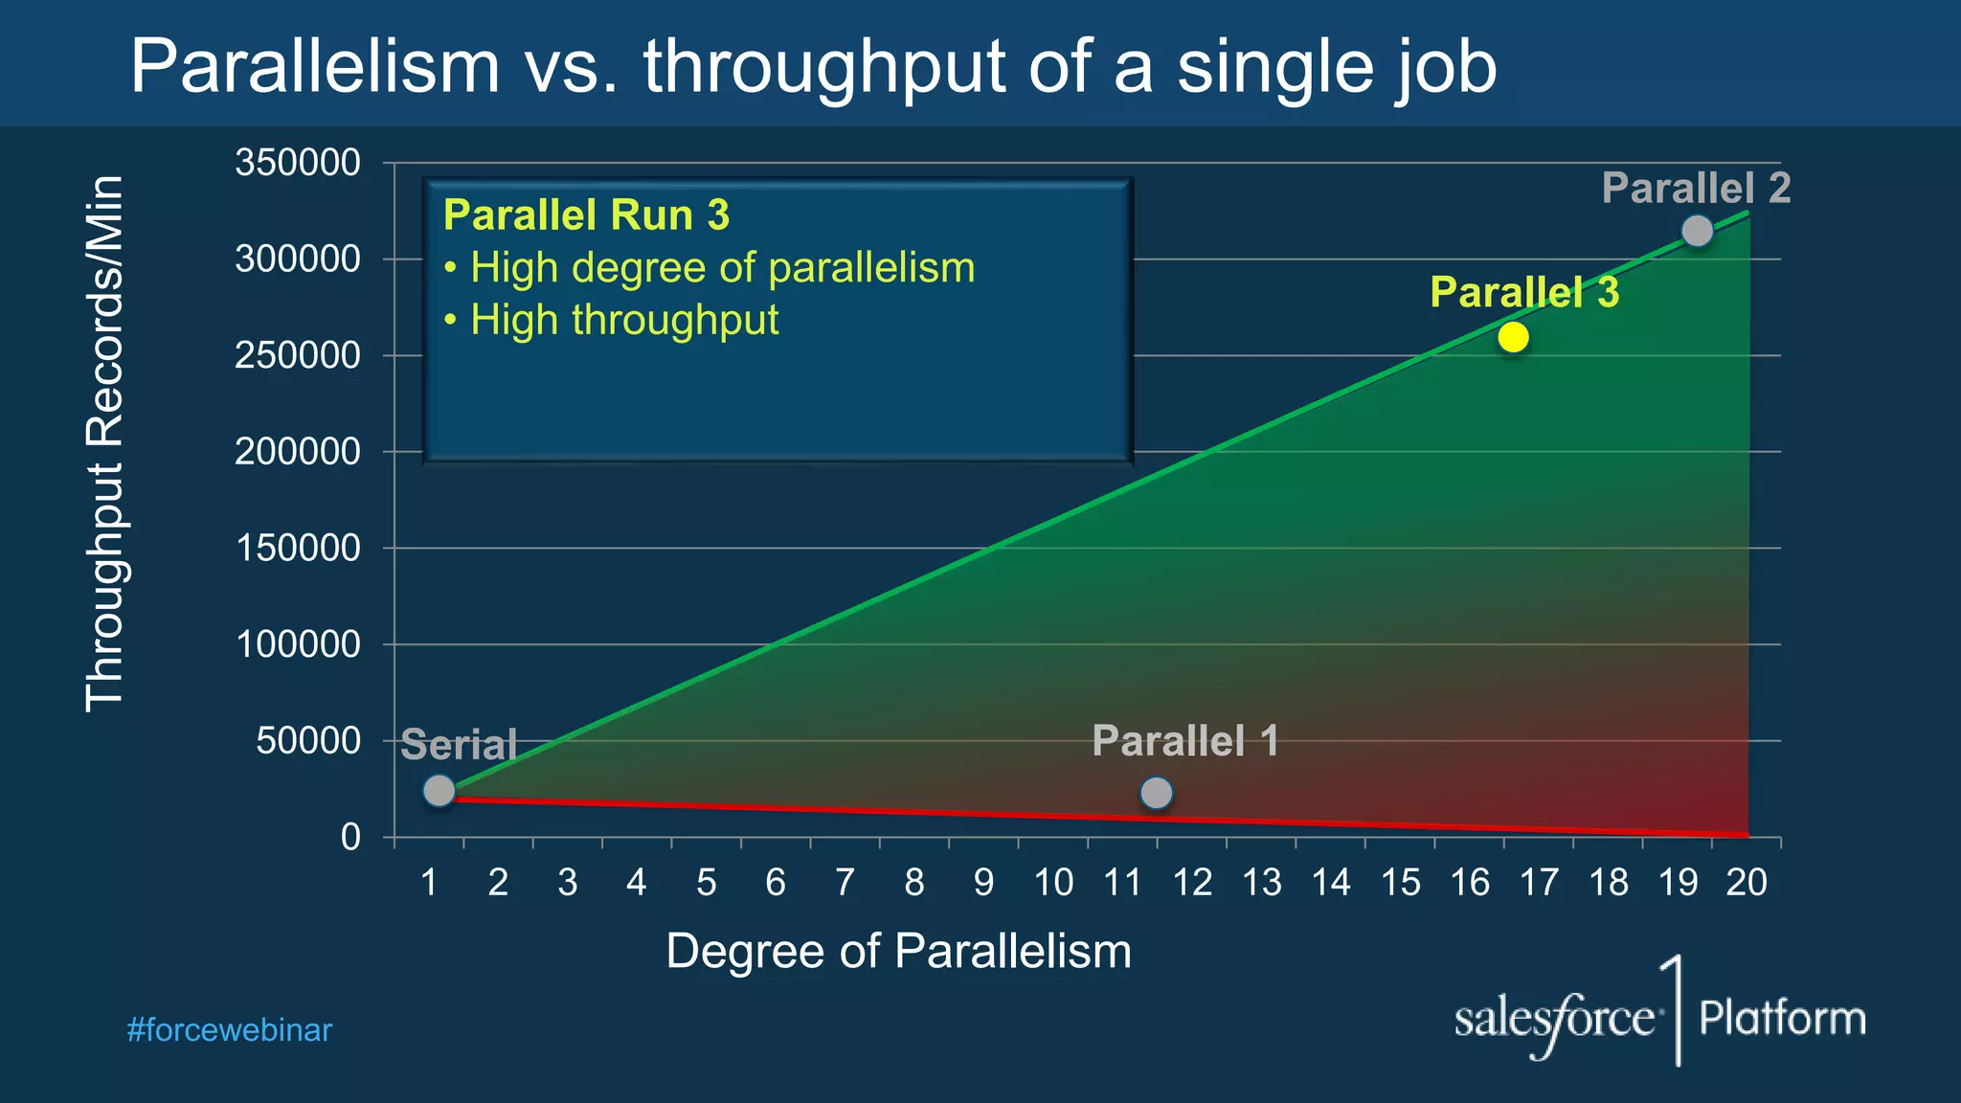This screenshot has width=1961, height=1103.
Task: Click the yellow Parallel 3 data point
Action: [1513, 337]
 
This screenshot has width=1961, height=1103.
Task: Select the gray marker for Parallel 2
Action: [1697, 231]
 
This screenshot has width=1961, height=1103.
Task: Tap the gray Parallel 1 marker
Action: [1157, 793]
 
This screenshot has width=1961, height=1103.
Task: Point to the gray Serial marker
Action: [439, 791]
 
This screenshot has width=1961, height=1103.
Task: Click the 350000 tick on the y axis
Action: [298, 163]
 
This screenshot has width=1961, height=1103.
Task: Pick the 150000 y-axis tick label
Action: [298, 549]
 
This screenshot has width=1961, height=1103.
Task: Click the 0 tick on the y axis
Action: [350, 838]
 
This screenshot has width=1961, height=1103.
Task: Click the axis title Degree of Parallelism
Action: [898, 952]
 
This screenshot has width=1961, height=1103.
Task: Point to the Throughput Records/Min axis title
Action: [104, 442]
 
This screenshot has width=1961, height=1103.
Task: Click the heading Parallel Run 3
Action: [586, 215]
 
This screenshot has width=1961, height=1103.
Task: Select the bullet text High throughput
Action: [623, 320]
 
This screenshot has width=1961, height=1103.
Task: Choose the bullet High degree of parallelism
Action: [722, 268]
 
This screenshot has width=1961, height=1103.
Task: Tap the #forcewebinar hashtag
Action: [229, 1030]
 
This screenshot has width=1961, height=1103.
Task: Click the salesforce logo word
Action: [1553, 1020]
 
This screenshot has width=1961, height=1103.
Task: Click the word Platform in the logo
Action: [1782, 1018]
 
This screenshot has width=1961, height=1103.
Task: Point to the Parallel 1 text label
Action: [1184, 741]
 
